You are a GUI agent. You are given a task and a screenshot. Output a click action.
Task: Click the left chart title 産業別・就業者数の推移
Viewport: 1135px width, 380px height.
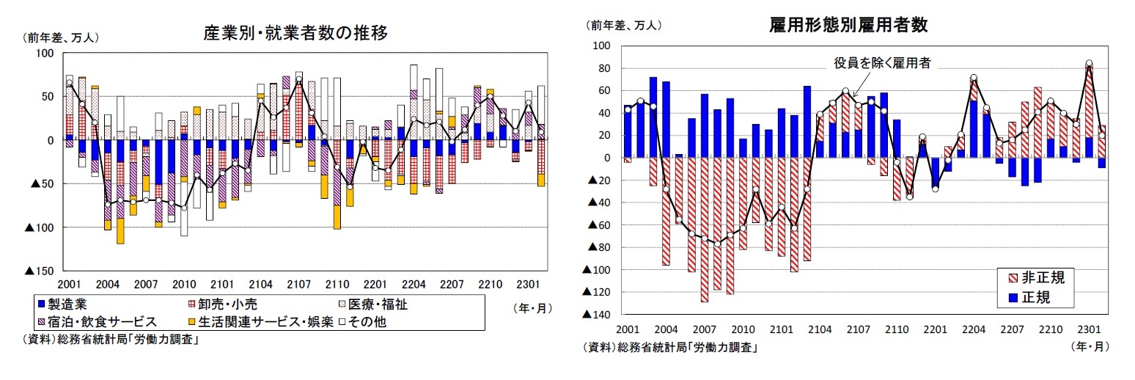[x=295, y=33]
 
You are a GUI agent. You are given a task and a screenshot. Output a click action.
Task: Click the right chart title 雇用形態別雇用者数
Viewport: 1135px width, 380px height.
[x=848, y=25]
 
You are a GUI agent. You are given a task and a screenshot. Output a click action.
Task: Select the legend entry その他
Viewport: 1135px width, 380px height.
[x=374, y=321]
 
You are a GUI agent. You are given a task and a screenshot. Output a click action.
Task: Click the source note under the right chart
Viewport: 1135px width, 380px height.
[x=670, y=347]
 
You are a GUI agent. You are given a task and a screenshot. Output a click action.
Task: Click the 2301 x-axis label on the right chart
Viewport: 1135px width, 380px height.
[x=1088, y=328]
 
